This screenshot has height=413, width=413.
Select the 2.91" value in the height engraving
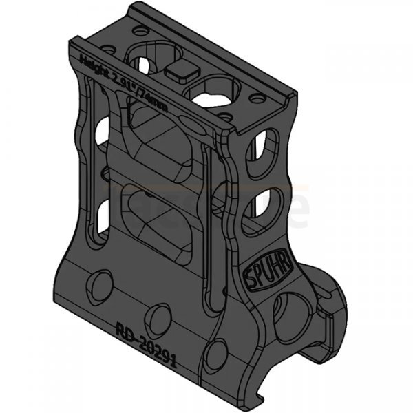[123, 83]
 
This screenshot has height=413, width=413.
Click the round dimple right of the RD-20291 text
[216, 352]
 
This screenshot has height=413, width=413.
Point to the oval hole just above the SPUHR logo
[262, 206]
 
